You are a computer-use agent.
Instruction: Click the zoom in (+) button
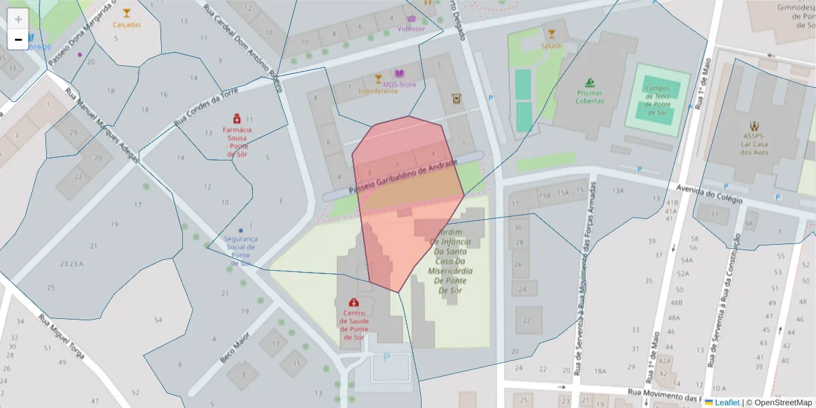point(18,19)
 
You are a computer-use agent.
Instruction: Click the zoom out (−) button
point(18,39)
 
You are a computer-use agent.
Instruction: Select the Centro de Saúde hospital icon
point(354,302)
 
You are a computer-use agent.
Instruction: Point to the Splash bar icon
point(551,34)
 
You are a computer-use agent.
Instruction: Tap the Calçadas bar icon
point(126,13)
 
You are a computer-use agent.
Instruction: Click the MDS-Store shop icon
point(399,73)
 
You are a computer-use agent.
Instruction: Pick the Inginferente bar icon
point(378,80)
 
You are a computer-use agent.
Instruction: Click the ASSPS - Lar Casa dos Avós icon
point(753,126)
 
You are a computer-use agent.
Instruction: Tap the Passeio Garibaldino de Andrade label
point(402,178)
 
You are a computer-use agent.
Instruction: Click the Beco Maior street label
point(235,347)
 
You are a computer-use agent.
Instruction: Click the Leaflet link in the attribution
point(726,403)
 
